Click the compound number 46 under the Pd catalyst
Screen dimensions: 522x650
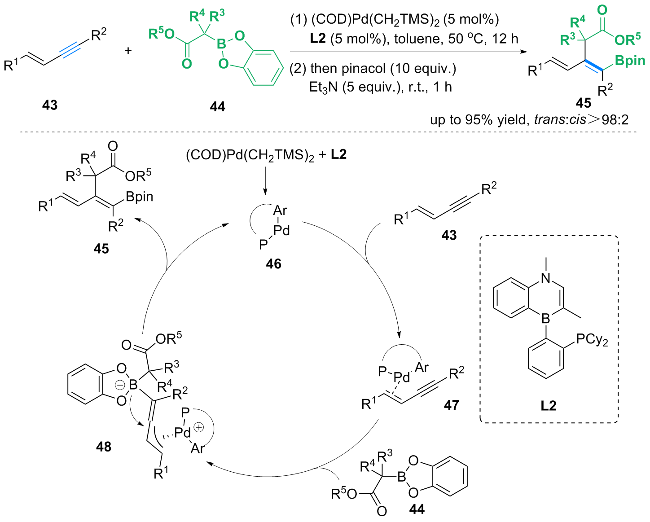click(273, 263)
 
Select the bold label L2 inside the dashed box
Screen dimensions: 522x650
click(549, 406)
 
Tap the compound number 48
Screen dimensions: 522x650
click(103, 447)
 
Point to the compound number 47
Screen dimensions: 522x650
click(451, 405)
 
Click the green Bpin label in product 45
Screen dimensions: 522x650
click(630, 61)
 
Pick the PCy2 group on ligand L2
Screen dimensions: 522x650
click(592, 339)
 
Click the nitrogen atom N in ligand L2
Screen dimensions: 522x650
click(546, 278)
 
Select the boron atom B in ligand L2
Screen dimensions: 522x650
click(546, 319)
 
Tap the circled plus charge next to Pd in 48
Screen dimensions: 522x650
click(198, 427)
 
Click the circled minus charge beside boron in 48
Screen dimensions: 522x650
click(120, 385)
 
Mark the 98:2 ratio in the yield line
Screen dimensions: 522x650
click(616, 120)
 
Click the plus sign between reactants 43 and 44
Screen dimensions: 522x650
click(128, 50)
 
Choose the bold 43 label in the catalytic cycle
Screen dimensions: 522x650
click(449, 235)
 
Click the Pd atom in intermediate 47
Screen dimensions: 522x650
click(401, 377)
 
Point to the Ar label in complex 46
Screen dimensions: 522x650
click(280, 210)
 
